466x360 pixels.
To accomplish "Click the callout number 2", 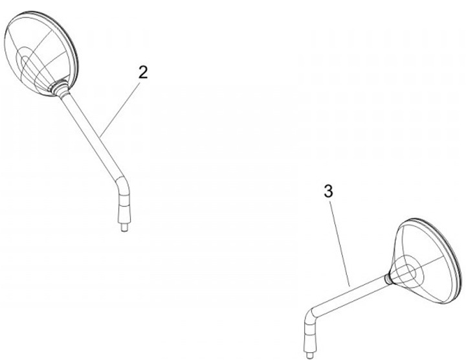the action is [143, 73].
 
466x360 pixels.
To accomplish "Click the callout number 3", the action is [328, 191].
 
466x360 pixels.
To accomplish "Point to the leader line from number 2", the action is [120, 109].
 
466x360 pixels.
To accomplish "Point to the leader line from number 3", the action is [340, 243].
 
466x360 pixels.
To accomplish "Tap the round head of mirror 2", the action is [41, 54].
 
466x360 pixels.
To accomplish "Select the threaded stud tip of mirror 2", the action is [124, 228].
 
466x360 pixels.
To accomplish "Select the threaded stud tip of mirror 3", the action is [309, 355].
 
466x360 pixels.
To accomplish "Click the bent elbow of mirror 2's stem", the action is [123, 182].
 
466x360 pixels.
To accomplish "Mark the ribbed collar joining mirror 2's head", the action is [60, 87].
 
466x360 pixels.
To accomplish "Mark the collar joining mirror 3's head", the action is [387, 278].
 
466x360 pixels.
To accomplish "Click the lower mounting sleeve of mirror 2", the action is [124, 208].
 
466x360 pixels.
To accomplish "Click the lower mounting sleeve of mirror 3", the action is [310, 337].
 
